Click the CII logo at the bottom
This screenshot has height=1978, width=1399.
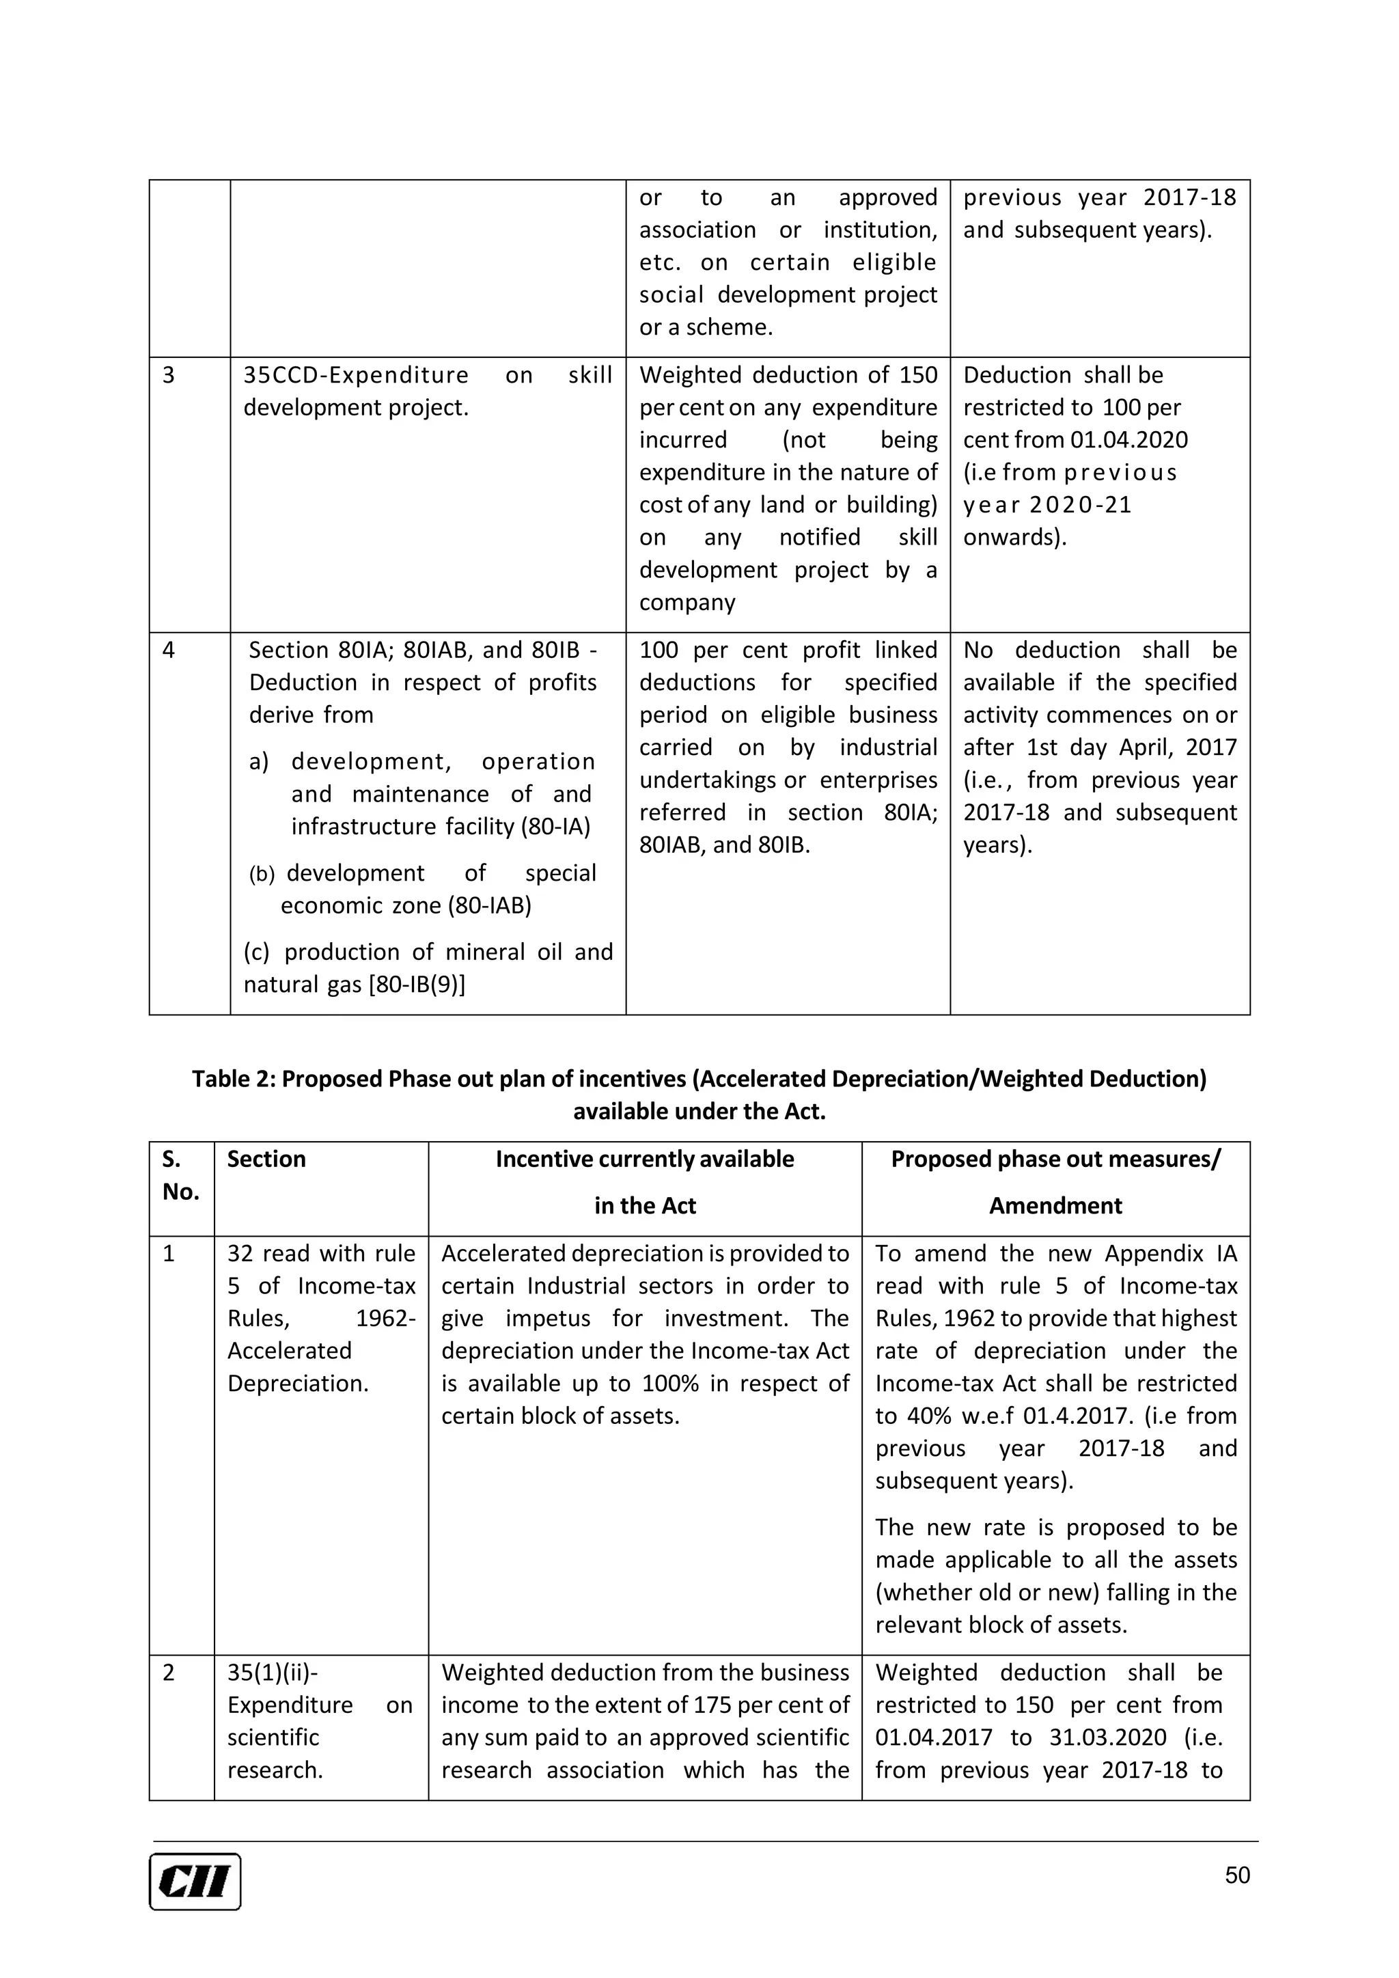(195, 1882)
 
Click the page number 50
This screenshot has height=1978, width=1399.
(1237, 1876)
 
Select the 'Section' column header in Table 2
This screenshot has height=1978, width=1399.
(266, 1159)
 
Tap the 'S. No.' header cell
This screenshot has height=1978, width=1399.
(180, 1175)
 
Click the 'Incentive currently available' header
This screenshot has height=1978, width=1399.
(644, 1159)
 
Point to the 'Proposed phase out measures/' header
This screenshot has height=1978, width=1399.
(1055, 1159)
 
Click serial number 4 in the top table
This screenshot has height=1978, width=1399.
(169, 650)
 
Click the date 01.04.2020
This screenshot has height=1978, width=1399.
(1128, 440)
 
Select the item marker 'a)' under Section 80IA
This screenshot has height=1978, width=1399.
(258, 763)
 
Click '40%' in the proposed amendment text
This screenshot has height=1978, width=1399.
(927, 1416)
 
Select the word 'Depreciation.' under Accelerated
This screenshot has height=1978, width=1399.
(297, 1384)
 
